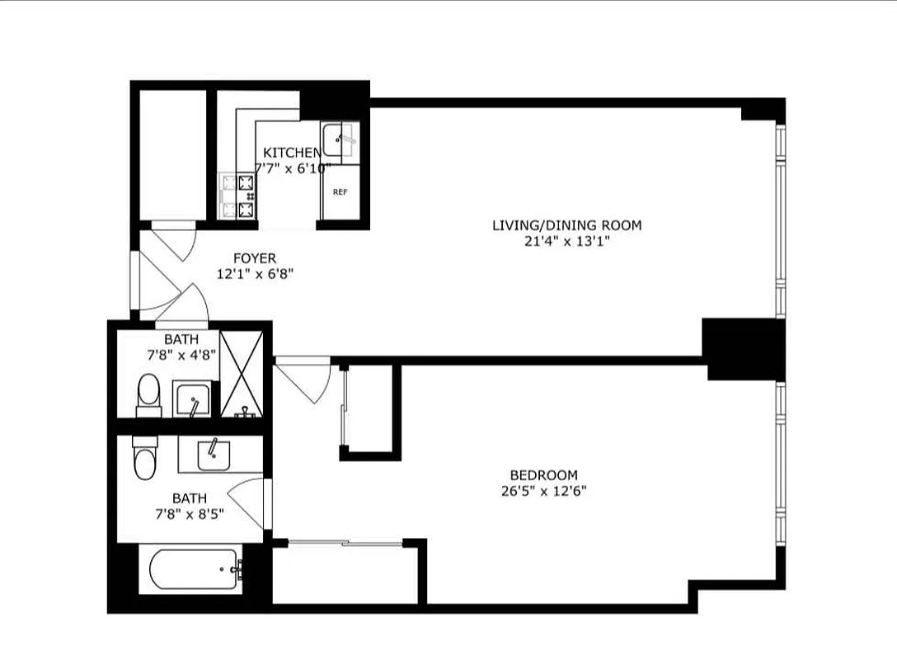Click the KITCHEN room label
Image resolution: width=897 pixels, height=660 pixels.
(291, 153)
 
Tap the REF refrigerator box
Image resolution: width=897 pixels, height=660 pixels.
(339, 191)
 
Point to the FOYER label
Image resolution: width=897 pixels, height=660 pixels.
(255, 258)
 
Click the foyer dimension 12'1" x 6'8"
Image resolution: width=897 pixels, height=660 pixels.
(255, 274)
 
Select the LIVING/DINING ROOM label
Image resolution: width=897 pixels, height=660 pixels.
(566, 225)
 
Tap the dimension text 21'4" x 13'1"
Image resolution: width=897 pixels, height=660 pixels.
(566, 241)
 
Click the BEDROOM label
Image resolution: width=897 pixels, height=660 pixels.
(543, 475)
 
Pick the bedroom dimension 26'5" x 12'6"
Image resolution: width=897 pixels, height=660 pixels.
(543, 491)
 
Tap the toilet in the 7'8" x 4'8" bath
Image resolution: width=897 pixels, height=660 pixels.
(149, 394)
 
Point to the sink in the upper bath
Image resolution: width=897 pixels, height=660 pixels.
(191, 399)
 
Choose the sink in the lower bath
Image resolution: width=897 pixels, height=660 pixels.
(213, 455)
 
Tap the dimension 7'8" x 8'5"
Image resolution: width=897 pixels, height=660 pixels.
(189, 513)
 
